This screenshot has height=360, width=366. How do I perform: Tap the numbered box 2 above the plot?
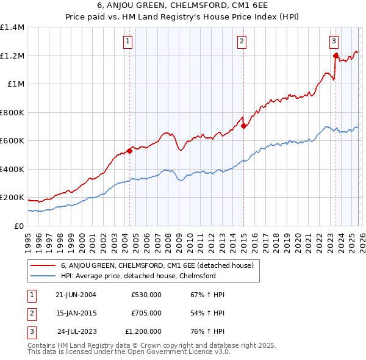click(242, 41)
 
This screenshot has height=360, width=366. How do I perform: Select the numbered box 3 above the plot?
click(334, 41)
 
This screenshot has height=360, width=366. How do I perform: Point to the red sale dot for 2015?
click(243, 126)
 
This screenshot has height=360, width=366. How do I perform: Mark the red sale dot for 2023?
click(335, 56)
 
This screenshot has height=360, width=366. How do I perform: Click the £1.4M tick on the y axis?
click(12, 27)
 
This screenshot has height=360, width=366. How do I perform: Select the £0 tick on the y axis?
click(20, 226)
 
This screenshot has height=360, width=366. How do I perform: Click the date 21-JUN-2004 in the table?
click(74, 294)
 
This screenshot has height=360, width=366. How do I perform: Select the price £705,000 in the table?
click(146, 313)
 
